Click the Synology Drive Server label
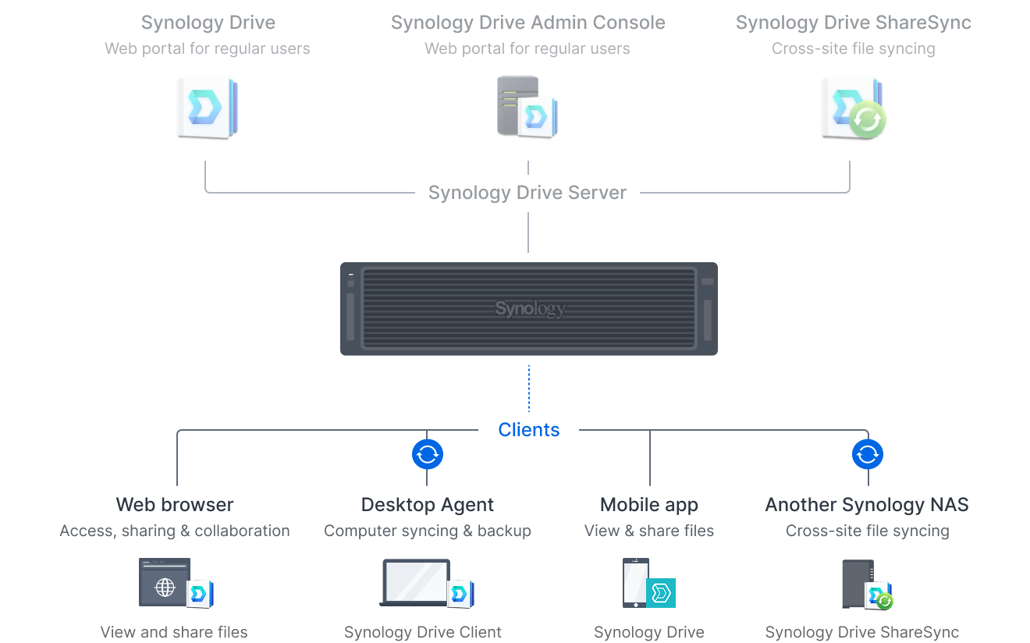pyautogui.click(x=527, y=193)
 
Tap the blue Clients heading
pyautogui.click(x=529, y=430)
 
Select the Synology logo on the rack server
pyautogui.click(x=530, y=308)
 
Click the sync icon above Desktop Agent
pyautogui.click(x=427, y=454)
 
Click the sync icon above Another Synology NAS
pyautogui.click(x=867, y=454)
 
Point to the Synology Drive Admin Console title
pyautogui.click(x=527, y=23)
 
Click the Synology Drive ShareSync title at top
pyautogui.click(x=854, y=23)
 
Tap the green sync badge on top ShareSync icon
pyautogui.click(x=867, y=119)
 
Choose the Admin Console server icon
pyautogui.click(x=527, y=107)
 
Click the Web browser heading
pyautogui.click(x=175, y=505)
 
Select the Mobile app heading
pyautogui.click(x=649, y=505)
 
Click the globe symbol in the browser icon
pyautogui.click(x=165, y=588)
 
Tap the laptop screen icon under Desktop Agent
pyautogui.click(x=415, y=582)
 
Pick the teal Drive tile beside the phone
pyautogui.click(x=661, y=593)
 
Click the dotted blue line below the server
pyautogui.click(x=529, y=388)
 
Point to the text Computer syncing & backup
pyautogui.click(x=427, y=531)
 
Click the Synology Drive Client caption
pyautogui.click(x=423, y=632)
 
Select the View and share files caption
pyautogui.click(x=174, y=632)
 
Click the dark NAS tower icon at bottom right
pyautogui.click(x=858, y=584)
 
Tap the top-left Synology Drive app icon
pyautogui.click(x=208, y=108)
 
